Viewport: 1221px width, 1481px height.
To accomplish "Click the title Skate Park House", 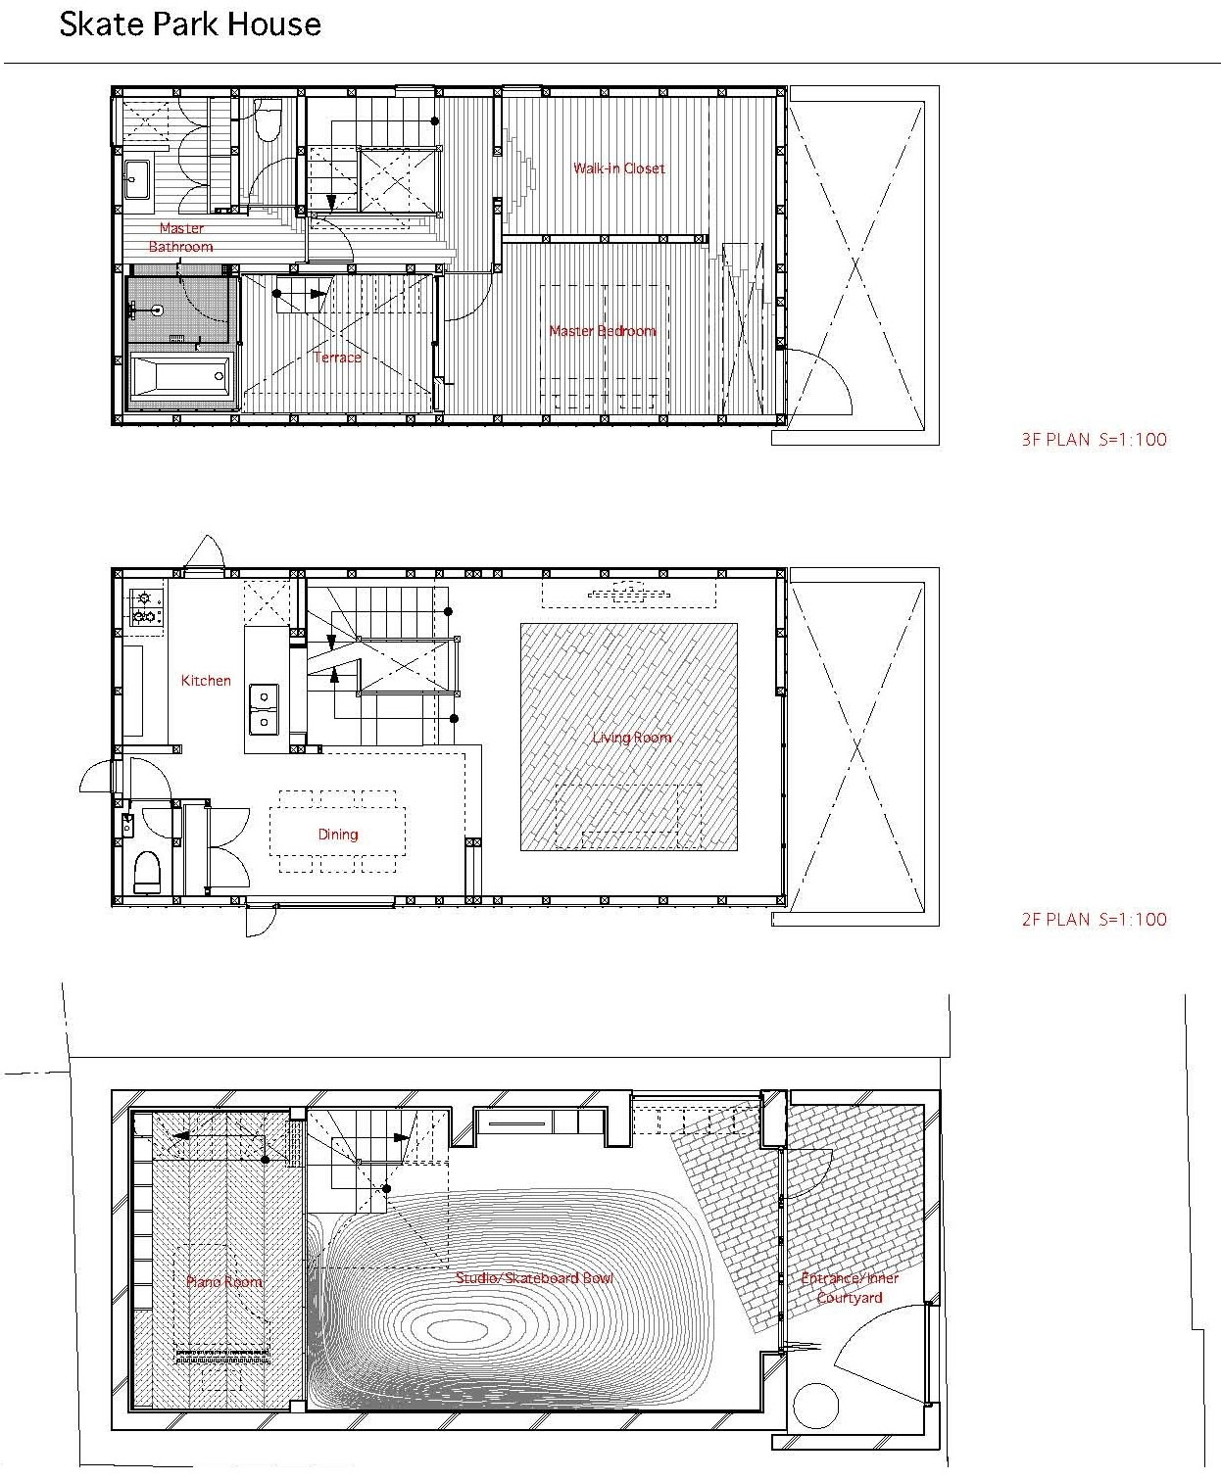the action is [190, 24].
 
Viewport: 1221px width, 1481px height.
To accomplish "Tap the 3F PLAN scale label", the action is [1094, 439].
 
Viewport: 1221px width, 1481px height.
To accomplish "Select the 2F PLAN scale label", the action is [1094, 919].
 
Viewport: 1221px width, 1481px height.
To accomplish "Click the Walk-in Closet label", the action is [618, 168].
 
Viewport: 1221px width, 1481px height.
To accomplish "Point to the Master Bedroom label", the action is [603, 330].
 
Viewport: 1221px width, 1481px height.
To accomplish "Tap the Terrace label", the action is [337, 357].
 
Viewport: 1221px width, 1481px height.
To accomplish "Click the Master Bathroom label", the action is [181, 237].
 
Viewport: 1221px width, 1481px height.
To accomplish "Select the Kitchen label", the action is [206, 680].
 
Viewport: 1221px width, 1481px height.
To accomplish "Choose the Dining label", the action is [338, 835].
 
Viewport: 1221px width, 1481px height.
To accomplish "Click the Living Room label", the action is [631, 737].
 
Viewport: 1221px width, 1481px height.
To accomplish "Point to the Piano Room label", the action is [224, 1281].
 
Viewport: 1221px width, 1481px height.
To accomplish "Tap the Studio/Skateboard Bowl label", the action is [534, 1277].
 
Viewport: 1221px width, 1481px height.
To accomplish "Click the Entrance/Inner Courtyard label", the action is [850, 1287].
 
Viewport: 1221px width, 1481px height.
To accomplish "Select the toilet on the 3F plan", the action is [269, 119].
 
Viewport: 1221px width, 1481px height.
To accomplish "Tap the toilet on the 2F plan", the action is [148, 872].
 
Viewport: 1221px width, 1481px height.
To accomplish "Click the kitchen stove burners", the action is [145, 607].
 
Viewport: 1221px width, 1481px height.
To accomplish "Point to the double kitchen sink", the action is [264, 709].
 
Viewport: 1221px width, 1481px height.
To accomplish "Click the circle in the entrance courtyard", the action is [815, 1405].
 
